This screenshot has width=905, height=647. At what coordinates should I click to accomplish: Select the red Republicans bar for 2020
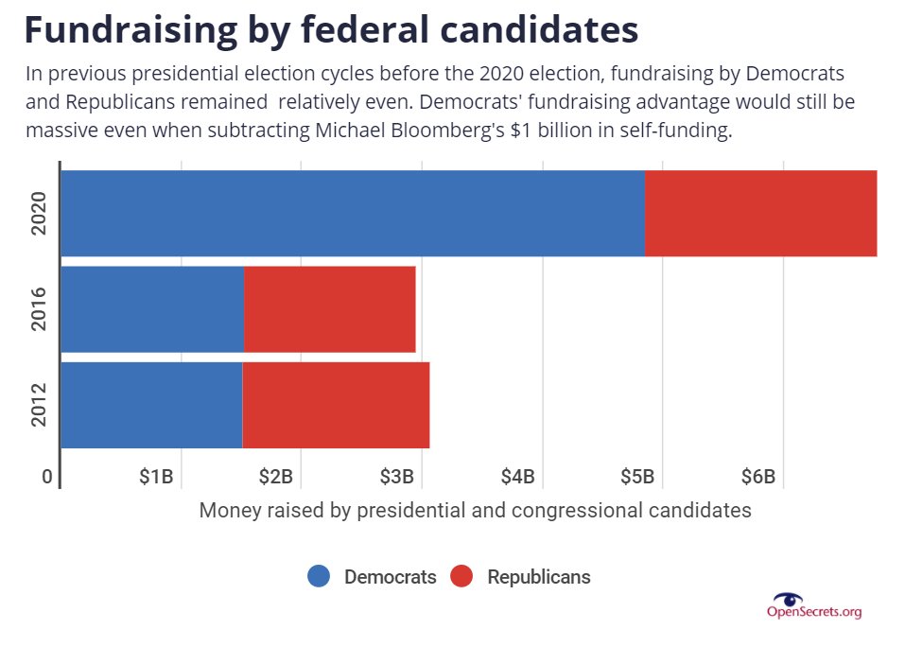coord(760,213)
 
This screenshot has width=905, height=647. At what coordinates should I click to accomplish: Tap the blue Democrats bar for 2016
coord(152,309)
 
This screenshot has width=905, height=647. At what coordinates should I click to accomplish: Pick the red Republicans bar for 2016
coord(329,309)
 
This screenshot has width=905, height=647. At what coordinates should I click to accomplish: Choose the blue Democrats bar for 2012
coord(151,405)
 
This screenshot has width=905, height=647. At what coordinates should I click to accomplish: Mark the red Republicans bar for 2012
coord(336,405)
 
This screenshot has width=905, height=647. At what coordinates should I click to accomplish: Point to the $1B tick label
coord(156,477)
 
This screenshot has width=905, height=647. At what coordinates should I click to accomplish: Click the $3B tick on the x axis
coord(396,477)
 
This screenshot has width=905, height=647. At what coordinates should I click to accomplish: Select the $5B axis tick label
coord(636,477)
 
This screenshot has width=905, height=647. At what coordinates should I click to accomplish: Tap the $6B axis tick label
coord(757,477)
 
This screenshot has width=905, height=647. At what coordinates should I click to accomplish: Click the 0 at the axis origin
coord(46,477)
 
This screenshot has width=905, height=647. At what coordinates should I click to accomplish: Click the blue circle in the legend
coord(319,576)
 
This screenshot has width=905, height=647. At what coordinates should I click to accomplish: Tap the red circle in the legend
coord(461,576)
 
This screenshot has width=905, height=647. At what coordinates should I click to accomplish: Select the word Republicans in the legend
coord(538,577)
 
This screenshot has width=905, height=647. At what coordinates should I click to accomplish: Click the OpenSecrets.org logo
coord(813,605)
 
